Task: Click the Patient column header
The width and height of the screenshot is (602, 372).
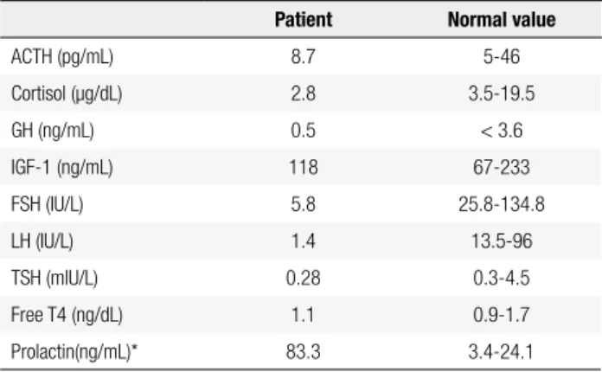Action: click(x=304, y=20)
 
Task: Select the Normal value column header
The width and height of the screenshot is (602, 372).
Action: click(x=502, y=20)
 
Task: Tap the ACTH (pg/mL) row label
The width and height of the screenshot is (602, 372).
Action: click(x=62, y=57)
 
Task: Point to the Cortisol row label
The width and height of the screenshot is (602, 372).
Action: click(x=67, y=94)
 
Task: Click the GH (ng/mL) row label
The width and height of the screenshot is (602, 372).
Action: click(x=53, y=131)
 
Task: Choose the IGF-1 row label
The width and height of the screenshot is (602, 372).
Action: click(x=62, y=168)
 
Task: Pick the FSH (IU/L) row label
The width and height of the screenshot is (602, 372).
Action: click(x=48, y=204)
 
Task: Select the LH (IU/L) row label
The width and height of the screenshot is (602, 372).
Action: click(x=42, y=241)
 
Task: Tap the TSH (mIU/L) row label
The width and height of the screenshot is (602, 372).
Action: click(x=54, y=278)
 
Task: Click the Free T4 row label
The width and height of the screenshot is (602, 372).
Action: click(x=67, y=315)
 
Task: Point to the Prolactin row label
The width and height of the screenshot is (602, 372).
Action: click(x=74, y=351)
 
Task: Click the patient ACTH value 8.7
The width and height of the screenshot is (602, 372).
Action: click(x=304, y=57)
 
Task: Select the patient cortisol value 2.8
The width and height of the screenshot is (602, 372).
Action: click(x=304, y=93)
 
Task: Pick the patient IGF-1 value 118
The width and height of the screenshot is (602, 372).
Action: click(x=304, y=167)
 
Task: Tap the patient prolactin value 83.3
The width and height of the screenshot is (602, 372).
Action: click(x=304, y=351)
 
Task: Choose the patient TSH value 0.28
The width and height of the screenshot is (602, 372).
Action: click(x=304, y=278)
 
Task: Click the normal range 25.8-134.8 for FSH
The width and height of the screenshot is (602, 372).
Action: click(x=502, y=204)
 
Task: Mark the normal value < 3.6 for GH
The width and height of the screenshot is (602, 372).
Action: click(x=502, y=131)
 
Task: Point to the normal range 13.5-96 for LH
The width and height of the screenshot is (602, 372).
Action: click(x=502, y=241)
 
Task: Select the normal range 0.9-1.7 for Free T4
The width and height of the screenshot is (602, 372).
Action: click(x=502, y=315)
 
